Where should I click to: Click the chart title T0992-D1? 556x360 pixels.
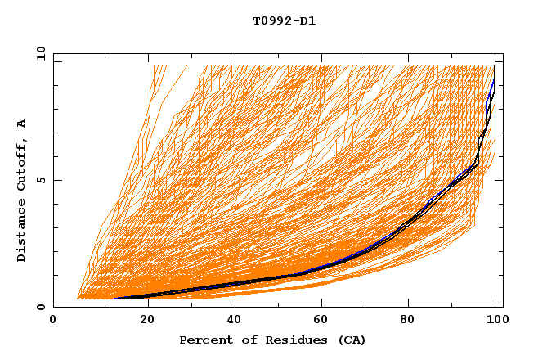[284, 21]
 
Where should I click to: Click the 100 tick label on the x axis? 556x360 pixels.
[495, 321]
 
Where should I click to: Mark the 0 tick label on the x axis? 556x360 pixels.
[53, 321]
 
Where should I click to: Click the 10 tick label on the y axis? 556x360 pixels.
[38, 53]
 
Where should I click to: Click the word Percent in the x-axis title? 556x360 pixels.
[205, 340]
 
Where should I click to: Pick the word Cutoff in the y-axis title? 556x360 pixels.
[21, 162]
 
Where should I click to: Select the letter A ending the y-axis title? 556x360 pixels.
[21, 123]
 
